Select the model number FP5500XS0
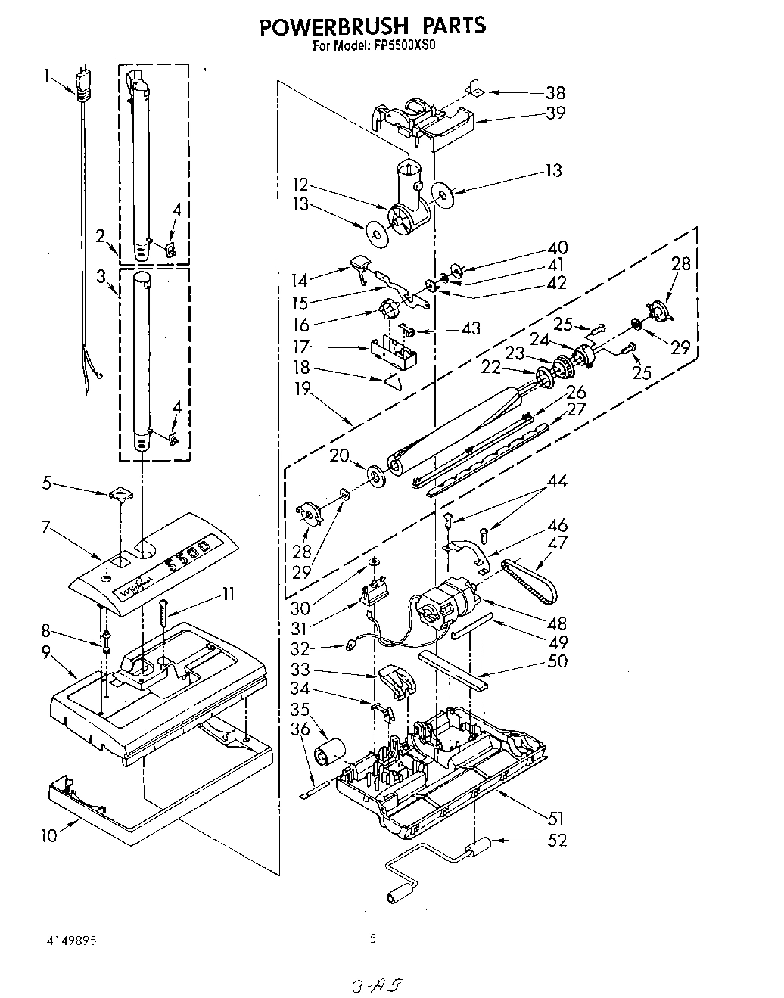[404, 45]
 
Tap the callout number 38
[555, 93]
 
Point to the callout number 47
[558, 542]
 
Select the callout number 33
[301, 670]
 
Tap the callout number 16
[301, 325]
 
